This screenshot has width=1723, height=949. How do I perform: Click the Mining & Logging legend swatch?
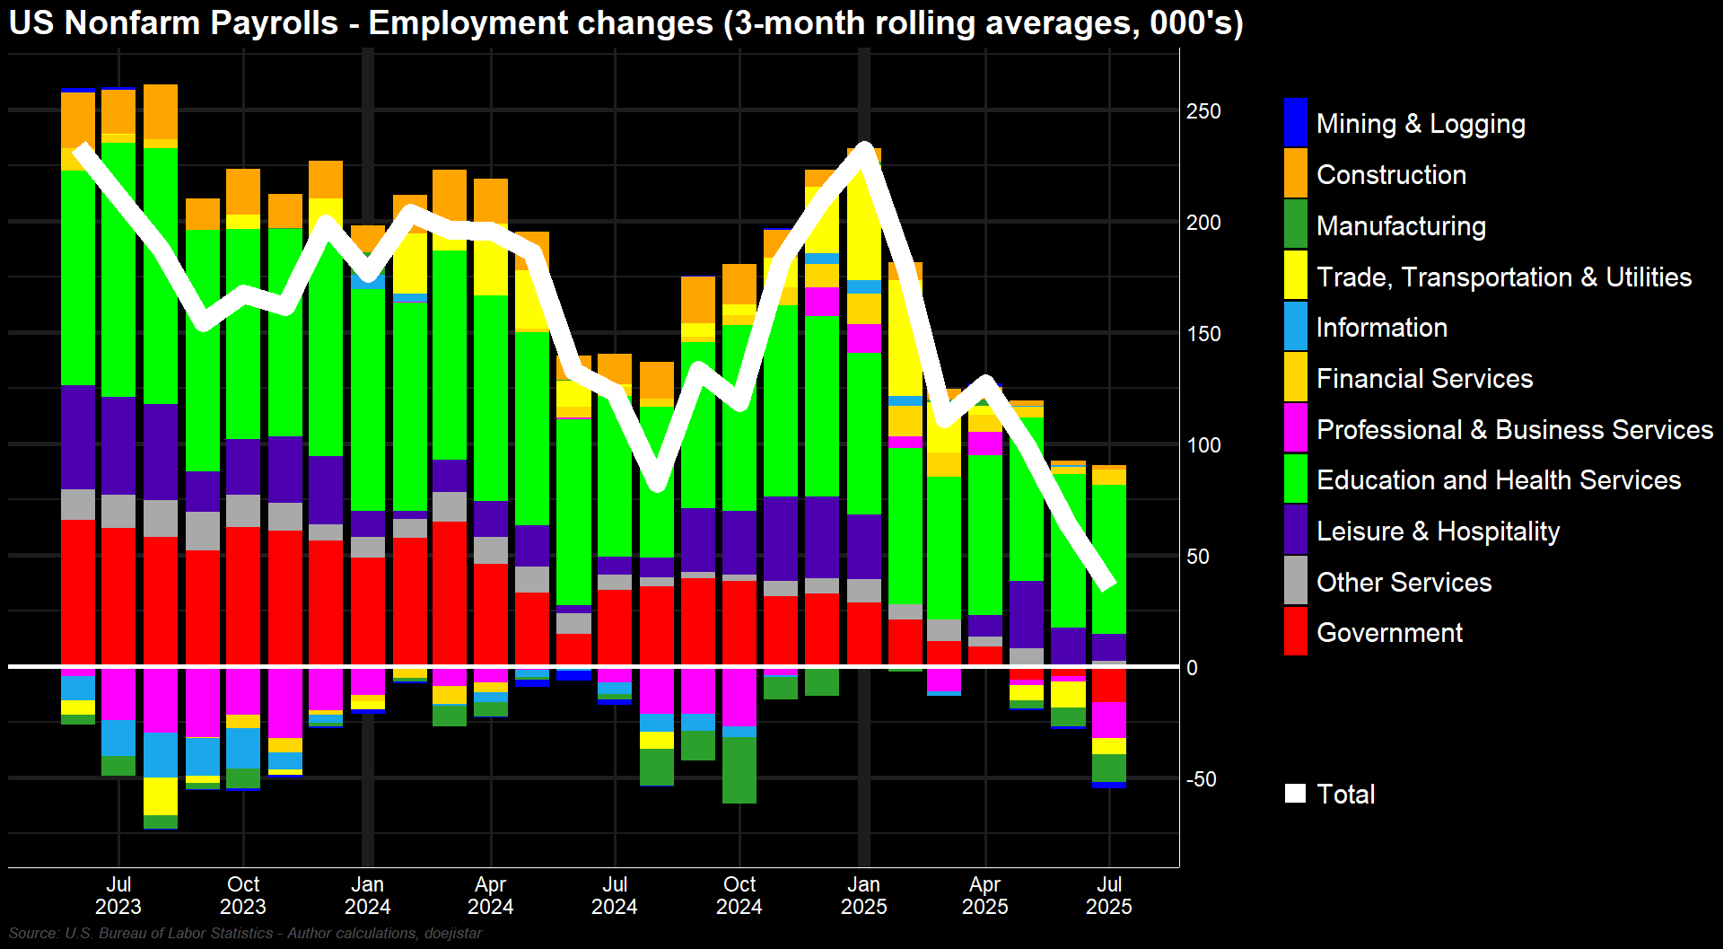click(1295, 122)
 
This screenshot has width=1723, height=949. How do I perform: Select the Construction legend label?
click(1391, 174)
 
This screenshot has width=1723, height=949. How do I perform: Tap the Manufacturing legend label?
click(1401, 225)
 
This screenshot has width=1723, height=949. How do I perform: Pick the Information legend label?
click(1381, 328)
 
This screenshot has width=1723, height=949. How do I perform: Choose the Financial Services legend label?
click(1424, 379)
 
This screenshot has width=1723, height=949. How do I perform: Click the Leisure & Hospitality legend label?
click(1438, 532)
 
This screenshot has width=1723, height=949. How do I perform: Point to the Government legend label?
click(1389, 633)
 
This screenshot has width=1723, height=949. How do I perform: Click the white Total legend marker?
click(1295, 794)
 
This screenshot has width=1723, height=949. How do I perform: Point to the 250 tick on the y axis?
click(1203, 111)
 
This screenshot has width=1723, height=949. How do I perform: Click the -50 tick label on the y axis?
click(1202, 779)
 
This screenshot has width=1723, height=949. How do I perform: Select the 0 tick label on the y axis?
click(1192, 668)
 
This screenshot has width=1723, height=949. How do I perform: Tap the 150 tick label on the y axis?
click(1203, 334)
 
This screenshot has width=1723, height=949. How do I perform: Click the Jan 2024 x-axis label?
click(367, 895)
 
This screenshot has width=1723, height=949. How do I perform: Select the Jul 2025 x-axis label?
click(1109, 895)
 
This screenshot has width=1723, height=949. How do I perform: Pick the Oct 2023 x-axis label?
click(243, 895)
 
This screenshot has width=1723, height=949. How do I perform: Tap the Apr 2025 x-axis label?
click(985, 895)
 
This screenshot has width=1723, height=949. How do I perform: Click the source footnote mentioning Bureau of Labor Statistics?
click(245, 934)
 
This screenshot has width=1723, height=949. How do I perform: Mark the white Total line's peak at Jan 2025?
click(864, 147)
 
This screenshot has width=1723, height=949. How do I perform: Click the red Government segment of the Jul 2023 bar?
click(118, 597)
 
